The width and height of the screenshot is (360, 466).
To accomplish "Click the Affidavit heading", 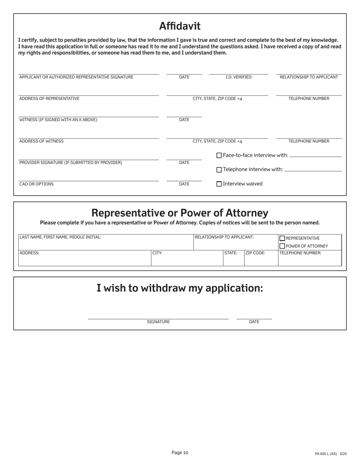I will [180, 26].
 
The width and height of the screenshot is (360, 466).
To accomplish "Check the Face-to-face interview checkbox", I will [219, 155].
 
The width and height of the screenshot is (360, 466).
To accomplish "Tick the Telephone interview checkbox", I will [219, 170].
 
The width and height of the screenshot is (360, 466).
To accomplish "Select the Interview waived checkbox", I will [219, 184].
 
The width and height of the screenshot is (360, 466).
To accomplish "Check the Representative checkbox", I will [282, 238].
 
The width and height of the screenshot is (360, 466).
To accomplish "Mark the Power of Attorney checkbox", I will [282, 246].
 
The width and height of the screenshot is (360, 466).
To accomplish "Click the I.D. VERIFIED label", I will [238, 77].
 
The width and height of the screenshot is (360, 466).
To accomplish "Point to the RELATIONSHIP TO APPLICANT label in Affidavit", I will [308, 77].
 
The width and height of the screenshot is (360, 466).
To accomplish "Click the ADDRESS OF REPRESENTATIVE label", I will [49, 99].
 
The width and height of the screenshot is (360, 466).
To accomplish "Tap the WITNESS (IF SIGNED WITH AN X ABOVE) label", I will [58, 120].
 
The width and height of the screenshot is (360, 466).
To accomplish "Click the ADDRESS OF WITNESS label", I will [41, 141].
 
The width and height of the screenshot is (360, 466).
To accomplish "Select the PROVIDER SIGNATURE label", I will [70, 163].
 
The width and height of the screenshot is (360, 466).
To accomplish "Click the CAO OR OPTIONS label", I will [36, 184].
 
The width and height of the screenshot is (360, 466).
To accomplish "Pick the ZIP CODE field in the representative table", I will [261, 260].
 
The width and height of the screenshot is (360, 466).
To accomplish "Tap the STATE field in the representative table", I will [233, 260].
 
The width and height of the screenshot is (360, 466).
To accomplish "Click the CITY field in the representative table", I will [187, 260].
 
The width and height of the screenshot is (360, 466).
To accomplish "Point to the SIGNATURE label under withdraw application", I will [158, 322].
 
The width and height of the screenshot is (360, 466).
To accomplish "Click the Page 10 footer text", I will [180, 452].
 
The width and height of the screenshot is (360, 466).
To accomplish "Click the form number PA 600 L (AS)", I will [326, 454].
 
